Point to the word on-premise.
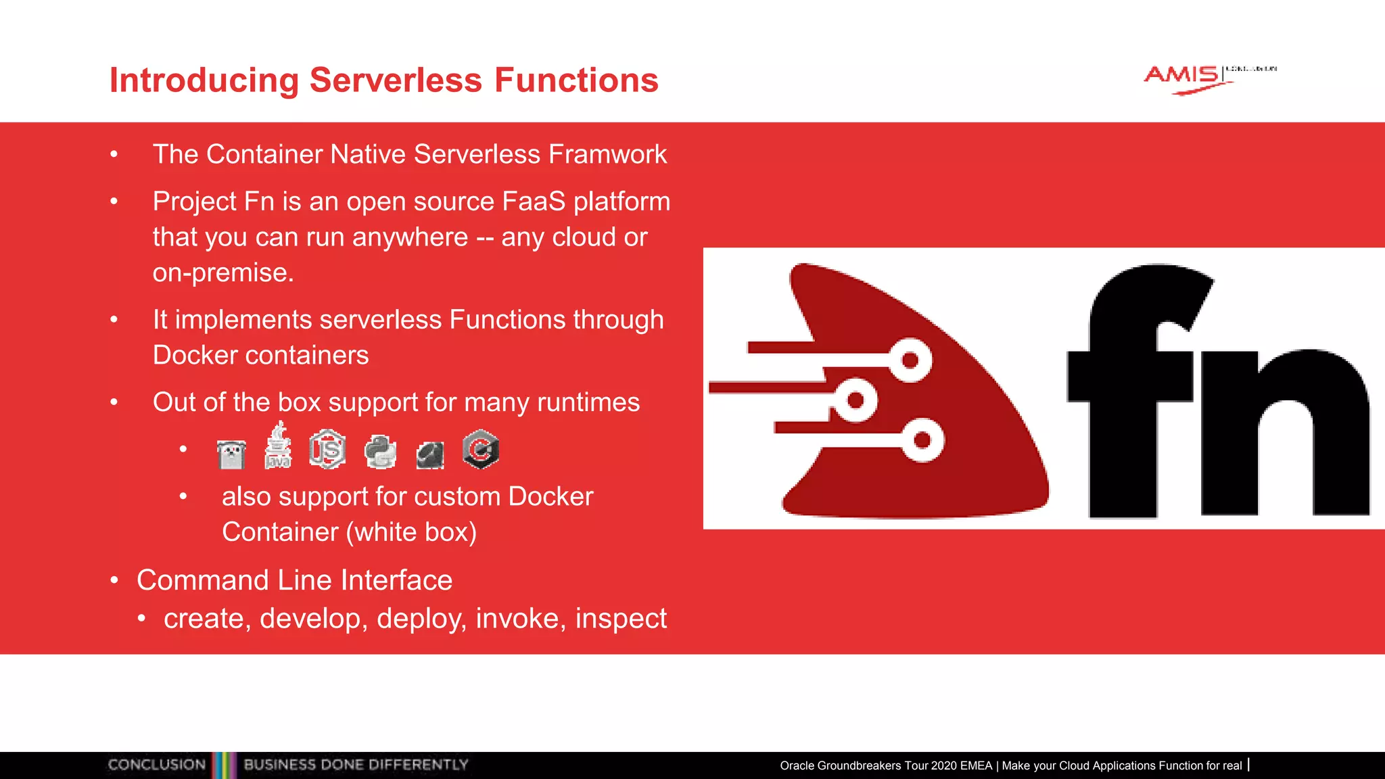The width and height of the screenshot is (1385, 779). (x=222, y=273)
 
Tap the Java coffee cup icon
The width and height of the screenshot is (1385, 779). (x=278, y=447)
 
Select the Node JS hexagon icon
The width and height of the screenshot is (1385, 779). (x=328, y=449)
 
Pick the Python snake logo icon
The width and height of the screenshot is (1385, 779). (x=380, y=452)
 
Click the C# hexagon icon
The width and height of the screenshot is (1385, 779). (x=481, y=449)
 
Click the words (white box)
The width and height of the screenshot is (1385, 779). (x=412, y=532)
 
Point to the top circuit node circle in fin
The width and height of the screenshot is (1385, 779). (x=910, y=360)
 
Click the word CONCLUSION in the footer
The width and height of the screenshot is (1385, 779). (x=157, y=765)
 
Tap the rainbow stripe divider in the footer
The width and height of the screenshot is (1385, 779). (x=225, y=765)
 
